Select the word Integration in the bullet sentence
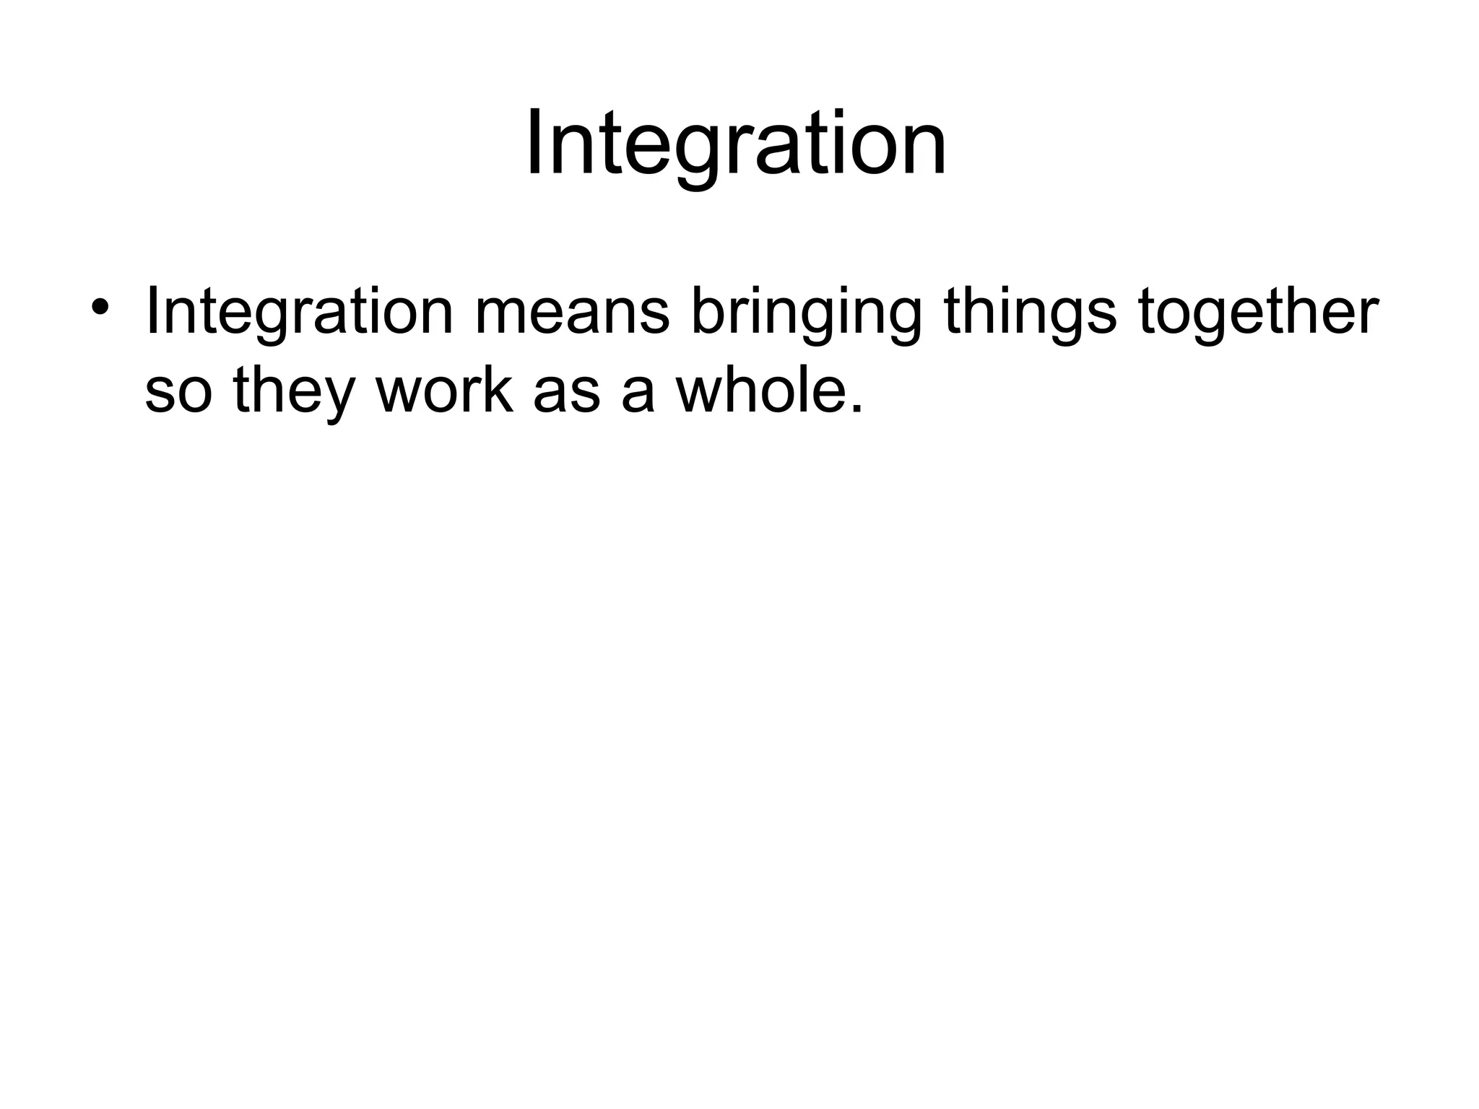pos(299,312)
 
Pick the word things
pos(1030,314)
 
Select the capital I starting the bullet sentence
pos(151,312)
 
